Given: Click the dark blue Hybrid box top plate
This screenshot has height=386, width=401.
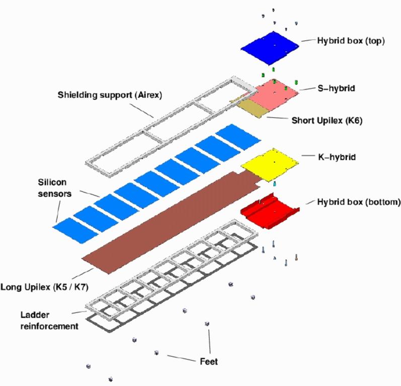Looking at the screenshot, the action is click(x=270, y=48).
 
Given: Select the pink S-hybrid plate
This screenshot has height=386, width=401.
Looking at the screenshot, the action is click(x=275, y=95).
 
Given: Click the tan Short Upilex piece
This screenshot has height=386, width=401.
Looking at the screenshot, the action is click(x=252, y=108).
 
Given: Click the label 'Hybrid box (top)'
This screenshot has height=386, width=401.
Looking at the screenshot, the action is click(x=351, y=41).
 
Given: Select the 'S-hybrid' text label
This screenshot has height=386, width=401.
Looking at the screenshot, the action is click(x=336, y=88).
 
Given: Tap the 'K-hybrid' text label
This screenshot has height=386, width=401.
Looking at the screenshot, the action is click(x=337, y=157).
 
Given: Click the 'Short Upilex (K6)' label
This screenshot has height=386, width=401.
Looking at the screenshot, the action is click(x=327, y=120).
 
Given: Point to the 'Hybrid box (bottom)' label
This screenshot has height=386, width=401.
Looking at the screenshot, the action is click(x=359, y=202).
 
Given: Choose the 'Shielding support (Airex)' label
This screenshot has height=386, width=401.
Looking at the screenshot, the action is click(x=110, y=95).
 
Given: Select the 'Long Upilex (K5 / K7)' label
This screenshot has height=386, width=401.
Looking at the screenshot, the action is click(x=44, y=287).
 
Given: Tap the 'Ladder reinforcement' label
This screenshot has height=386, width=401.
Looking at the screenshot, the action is click(x=49, y=321).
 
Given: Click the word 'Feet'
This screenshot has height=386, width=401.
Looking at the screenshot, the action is click(x=209, y=362).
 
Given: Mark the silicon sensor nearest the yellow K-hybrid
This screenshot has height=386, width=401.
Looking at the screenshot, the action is click(x=238, y=137).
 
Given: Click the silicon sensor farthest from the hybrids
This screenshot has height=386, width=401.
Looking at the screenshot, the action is click(x=75, y=230).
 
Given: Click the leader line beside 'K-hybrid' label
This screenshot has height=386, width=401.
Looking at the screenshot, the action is click(x=308, y=156).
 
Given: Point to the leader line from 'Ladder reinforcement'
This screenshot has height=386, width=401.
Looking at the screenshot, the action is click(x=79, y=312).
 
